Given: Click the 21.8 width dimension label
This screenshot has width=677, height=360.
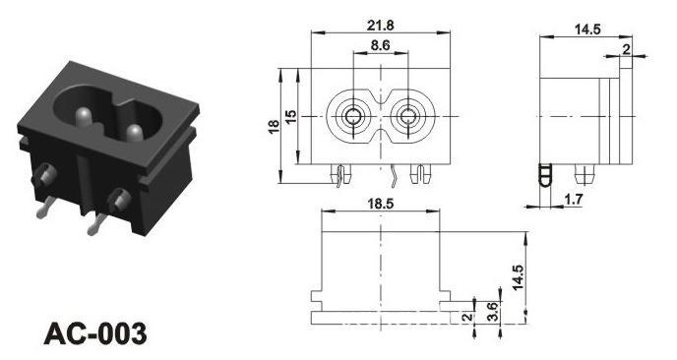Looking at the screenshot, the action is (381, 26).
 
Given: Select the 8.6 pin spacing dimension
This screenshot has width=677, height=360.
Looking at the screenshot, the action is (381, 45).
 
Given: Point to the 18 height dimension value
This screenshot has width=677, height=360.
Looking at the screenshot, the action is (274, 126).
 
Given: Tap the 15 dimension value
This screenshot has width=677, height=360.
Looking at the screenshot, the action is (291, 116).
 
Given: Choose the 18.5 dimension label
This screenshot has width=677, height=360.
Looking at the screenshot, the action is (381, 204).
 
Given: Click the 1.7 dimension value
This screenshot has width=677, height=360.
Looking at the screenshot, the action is (574, 200).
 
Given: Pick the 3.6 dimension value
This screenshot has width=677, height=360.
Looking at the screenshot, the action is (492, 311).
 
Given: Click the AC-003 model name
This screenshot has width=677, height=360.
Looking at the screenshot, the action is (95, 333).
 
